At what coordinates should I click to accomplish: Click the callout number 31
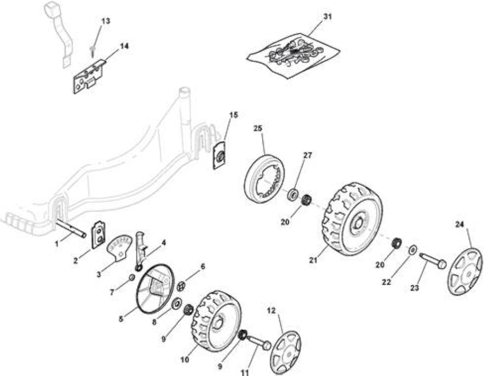(x=327, y=16)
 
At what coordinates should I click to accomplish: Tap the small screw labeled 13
(x=92, y=51)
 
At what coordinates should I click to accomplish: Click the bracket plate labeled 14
(x=89, y=77)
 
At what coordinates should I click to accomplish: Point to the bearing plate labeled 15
(x=220, y=155)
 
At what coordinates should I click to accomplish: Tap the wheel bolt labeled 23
(x=432, y=261)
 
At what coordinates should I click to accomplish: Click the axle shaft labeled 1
(x=71, y=228)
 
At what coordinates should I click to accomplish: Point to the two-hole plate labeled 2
(x=98, y=235)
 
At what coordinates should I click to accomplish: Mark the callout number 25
(x=258, y=128)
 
